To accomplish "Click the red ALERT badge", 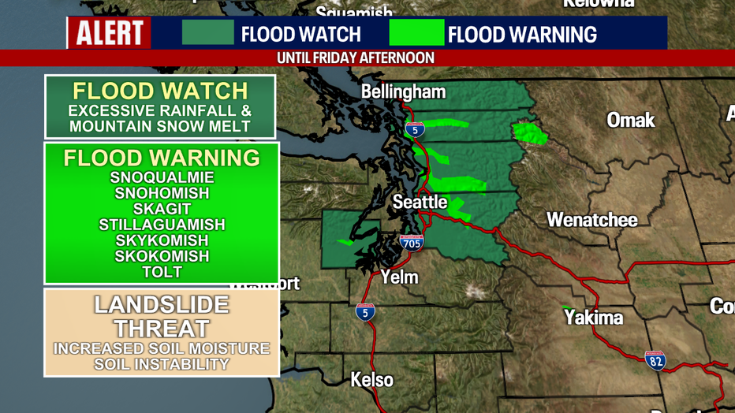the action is pyautogui.click(x=110, y=33).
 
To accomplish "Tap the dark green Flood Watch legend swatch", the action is pyautogui.click(x=208, y=33).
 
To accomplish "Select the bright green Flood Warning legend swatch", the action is pyautogui.click(x=416, y=33).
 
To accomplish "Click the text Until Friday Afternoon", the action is pyautogui.click(x=356, y=58).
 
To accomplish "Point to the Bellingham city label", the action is pyautogui.click(x=403, y=92).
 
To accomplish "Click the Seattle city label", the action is pyautogui.click(x=420, y=202).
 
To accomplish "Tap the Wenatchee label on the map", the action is pyautogui.click(x=592, y=219).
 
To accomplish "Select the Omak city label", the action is pyautogui.click(x=630, y=120).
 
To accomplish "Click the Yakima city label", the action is pyautogui.click(x=593, y=318).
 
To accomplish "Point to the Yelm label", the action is pyautogui.click(x=399, y=277).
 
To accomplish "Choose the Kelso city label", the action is pyautogui.click(x=372, y=380).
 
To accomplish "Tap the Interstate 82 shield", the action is pyautogui.click(x=655, y=360).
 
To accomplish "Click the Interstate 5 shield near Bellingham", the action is pyautogui.click(x=415, y=128).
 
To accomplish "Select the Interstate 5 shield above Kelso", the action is pyautogui.click(x=364, y=311).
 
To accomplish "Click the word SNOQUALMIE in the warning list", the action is pyautogui.click(x=162, y=177).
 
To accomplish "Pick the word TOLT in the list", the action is pyautogui.click(x=162, y=272).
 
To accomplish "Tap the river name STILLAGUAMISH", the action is pyautogui.click(x=162, y=225).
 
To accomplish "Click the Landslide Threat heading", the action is pyautogui.click(x=162, y=316).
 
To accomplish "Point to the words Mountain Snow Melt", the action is pyautogui.click(x=160, y=126).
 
